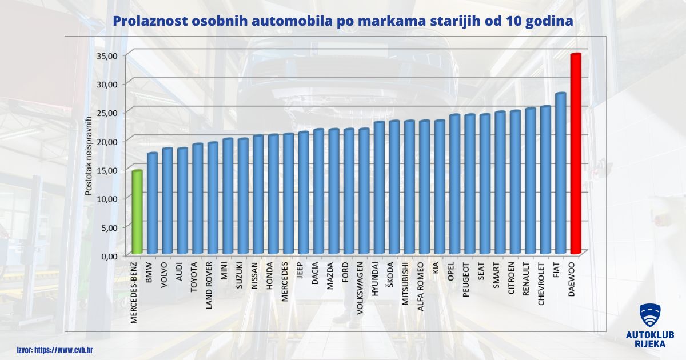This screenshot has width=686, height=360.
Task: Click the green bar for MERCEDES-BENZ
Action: (x=137, y=212)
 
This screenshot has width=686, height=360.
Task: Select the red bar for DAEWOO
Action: (x=575, y=154)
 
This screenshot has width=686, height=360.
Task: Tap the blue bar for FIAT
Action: (x=560, y=174)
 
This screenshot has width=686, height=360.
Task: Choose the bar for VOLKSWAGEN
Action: (x=364, y=191)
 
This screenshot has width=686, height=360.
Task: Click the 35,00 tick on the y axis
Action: (x=107, y=55)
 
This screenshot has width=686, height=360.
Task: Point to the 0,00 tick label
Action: (x=109, y=255)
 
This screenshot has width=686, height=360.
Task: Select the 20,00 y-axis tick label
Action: (x=107, y=141)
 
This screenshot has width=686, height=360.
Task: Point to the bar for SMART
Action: (x=500, y=183)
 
